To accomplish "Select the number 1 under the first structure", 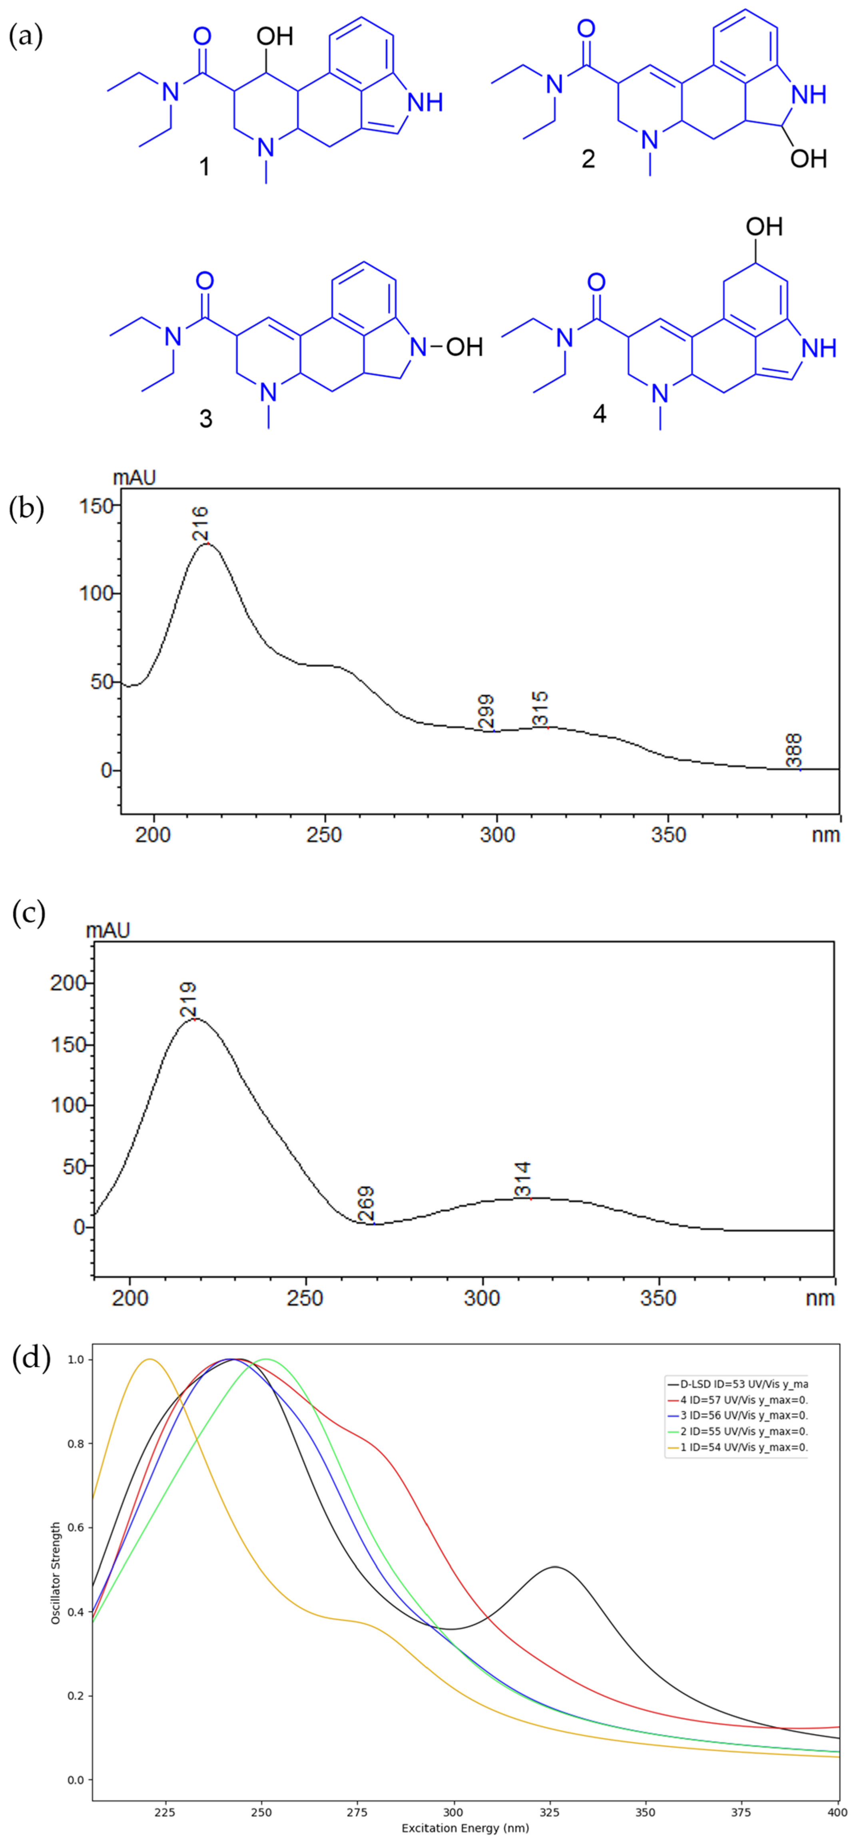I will (x=205, y=167).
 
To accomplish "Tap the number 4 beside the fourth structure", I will (x=599, y=414).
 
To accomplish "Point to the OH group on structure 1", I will (x=275, y=36).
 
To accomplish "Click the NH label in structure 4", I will (x=819, y=348).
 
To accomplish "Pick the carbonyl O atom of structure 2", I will (x=586, y=29).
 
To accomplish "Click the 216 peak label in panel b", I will (x=201, y=523).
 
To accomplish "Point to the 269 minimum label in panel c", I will (x=366, y=1205).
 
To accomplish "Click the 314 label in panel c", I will (x=524, y=1180).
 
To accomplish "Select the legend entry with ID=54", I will (x=737, y=1447).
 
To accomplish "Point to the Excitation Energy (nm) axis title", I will (x=465, y=1828).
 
